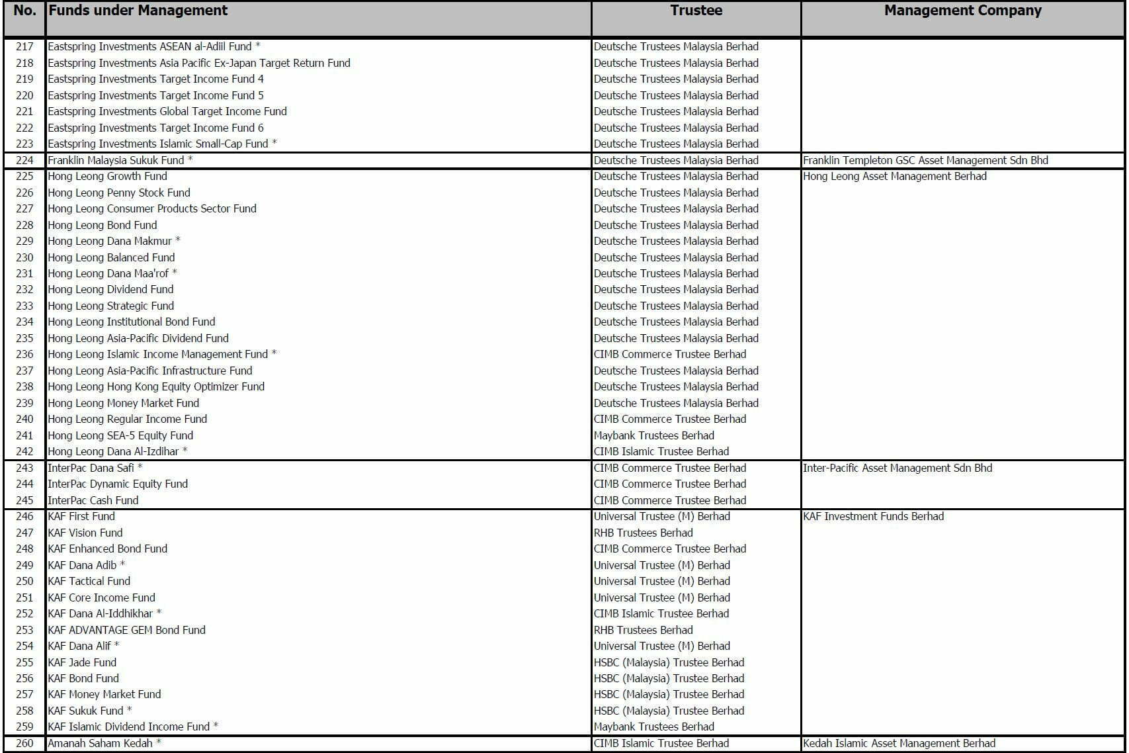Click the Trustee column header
696,11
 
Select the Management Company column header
962,11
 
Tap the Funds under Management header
138,11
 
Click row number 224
24,160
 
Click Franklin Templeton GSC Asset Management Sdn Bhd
925,160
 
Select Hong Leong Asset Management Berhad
894,176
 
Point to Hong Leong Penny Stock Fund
119,193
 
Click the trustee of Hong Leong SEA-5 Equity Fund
653,435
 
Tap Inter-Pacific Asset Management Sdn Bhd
897,468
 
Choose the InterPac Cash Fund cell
93,500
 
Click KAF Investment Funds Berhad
873,516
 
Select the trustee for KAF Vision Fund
643,533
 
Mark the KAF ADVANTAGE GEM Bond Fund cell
126,630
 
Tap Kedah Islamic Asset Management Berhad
899,743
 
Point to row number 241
24,435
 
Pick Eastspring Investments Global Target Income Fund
167,111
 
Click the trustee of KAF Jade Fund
669,662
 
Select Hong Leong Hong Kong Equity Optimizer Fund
156,386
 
